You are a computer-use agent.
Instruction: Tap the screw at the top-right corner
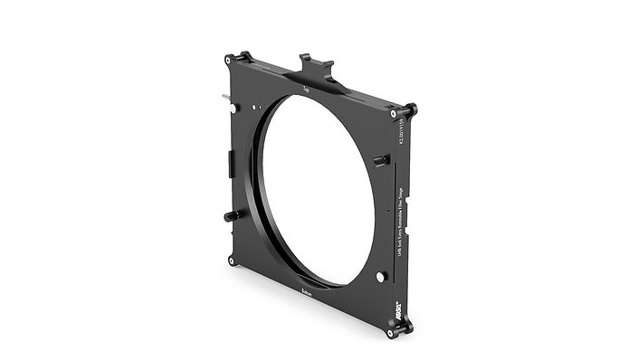(394, 115)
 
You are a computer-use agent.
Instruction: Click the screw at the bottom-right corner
(391, 331)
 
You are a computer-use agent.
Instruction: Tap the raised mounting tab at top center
(316, 66)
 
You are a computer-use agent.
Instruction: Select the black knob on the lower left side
(232, 216)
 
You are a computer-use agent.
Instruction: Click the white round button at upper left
(235, 108)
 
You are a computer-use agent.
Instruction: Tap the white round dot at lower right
(381, 276)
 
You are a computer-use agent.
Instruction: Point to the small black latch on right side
(382, 160)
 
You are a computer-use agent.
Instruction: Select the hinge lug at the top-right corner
(409, 110)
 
